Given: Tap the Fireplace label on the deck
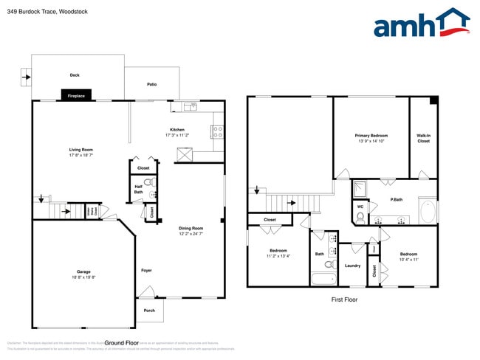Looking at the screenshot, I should point(75,96).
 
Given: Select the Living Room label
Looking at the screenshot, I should point(81,150).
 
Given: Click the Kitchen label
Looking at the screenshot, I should point(177,130).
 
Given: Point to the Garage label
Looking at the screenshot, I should point(84,271).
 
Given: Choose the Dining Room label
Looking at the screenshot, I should point(191,229).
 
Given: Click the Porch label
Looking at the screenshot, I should point(149,310).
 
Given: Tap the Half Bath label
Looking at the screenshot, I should point(138,189).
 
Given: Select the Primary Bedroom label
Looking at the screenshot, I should point(371,136).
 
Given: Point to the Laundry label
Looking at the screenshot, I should point(352,266).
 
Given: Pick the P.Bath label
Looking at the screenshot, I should point(397,200).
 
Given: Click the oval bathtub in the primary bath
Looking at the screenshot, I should point(428,211).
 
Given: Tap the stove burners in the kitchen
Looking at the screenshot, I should point(218,133).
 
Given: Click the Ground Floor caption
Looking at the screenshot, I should point(123,343).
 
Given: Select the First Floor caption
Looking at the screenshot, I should point(344,300).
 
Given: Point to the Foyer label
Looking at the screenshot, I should point(146,271).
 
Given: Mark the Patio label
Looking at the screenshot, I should point(151,84).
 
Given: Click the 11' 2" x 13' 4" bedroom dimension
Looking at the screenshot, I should point(278,256).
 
